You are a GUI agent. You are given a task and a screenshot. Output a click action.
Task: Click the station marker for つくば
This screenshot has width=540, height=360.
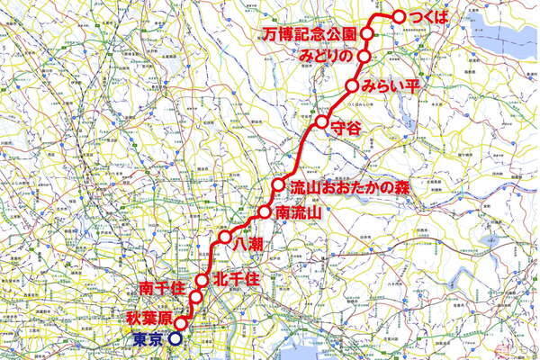tap(399, 16)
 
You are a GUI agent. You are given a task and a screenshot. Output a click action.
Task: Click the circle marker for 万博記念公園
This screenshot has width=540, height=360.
tap(366, 33)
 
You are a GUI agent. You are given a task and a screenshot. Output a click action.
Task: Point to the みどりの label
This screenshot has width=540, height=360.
tap(328, 56)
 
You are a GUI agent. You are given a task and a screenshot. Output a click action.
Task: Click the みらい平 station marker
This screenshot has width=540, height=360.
tap(353, 86)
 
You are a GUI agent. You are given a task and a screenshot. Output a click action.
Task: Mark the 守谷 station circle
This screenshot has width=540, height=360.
tap(320, 121)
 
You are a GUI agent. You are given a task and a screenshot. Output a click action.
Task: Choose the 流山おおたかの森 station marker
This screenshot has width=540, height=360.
tap(278, 185)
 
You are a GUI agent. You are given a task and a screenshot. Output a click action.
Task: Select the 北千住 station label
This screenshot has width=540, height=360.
tap(237, 279)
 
